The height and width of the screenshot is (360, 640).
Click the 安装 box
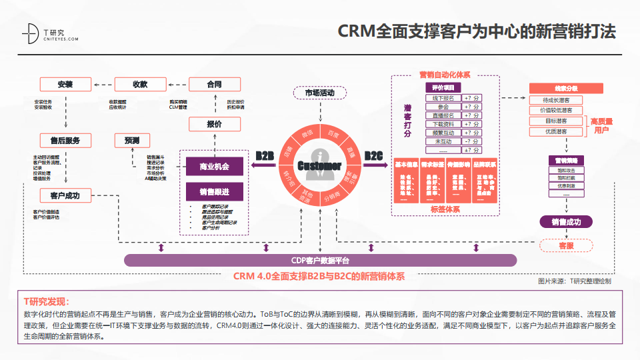pos(65,85)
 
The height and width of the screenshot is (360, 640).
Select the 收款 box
pos(140,85)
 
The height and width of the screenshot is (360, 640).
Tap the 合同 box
pos(214,85)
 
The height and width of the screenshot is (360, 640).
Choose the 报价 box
pos(214,124)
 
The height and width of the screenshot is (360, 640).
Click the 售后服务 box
pos(65,140)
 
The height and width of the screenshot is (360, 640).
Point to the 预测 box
pos(131,140)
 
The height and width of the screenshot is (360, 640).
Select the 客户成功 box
pos(65,195)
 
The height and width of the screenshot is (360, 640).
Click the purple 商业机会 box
pos(214,167)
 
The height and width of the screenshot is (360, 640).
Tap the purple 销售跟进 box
pos(214,192)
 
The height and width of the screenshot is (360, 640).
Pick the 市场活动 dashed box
pos(319,93)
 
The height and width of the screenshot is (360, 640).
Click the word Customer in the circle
pos(319,165)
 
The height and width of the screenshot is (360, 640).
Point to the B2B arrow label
pos(265,157)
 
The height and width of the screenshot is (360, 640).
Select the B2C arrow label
pos(373,157)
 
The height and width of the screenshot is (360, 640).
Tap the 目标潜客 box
pos(556,121)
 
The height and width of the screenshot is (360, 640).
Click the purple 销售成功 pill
pos(565,222)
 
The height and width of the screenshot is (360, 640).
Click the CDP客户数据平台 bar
pos(320,261)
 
